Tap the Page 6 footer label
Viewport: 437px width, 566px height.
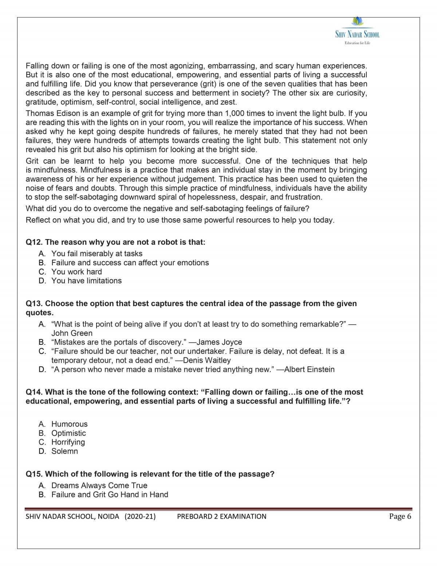pos(400,516)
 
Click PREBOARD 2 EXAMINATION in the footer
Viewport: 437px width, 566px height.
pos(221,516)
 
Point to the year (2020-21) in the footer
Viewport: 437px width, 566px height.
pos(140,516)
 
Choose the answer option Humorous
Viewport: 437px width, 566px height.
pos(69,424)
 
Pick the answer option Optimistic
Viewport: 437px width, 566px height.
pos(68,433)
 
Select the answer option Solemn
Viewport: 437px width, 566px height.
pos(64,451)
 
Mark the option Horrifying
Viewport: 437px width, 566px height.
pos(68,442)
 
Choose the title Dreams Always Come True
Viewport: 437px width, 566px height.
pos(99,485)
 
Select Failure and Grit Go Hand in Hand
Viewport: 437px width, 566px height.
pos(110,495)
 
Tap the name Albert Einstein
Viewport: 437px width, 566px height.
pos(309,370)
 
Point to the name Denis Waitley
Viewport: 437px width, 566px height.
pos(207,360)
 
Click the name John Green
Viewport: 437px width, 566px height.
pos(72,333)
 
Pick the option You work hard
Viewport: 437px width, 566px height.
pos(76,272)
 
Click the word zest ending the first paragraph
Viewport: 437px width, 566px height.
pos(228,102)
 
